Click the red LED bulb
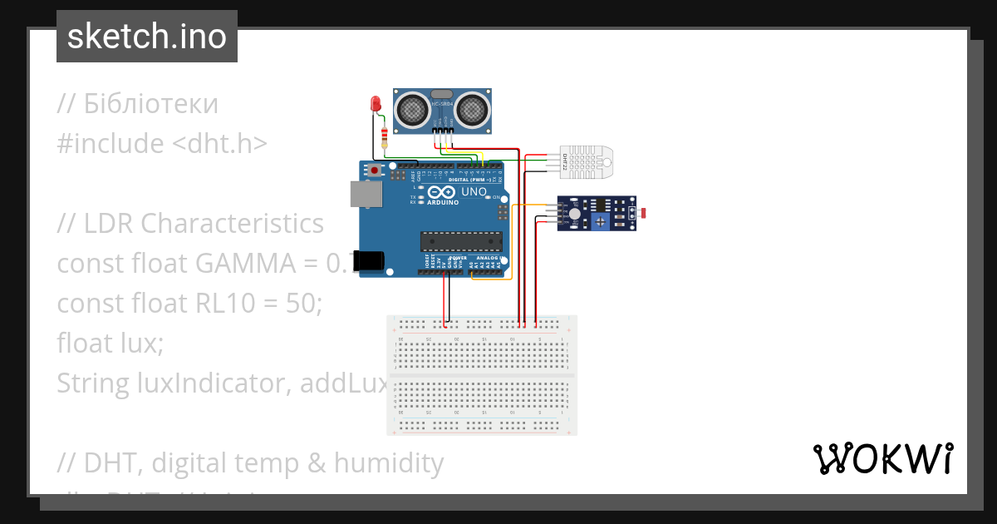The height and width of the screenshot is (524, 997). tap(375, 104)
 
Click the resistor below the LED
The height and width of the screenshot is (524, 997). tap(383, 136)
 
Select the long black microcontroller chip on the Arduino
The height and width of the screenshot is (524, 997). tap(461, 241)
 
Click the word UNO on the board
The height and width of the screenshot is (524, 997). tap(474, 191)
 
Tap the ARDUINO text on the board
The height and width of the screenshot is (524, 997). tap(443, 202)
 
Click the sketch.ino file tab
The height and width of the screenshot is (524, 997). tap(147, 37)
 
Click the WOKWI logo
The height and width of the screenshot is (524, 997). tap(882, 458)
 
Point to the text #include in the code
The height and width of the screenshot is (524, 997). tap(111, 144)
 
